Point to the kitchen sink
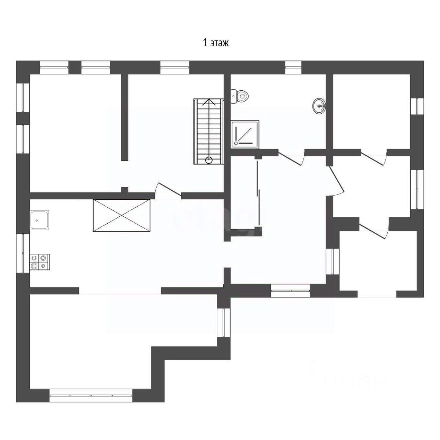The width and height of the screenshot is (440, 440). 40,220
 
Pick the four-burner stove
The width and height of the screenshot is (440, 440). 39,262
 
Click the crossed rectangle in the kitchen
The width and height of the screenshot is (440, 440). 121,215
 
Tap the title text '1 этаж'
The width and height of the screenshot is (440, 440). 215,44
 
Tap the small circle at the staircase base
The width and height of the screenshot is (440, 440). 209,160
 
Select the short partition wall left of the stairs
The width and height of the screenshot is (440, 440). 124,117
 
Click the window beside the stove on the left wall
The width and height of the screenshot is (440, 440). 23,253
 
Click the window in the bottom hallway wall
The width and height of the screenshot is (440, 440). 291,291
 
